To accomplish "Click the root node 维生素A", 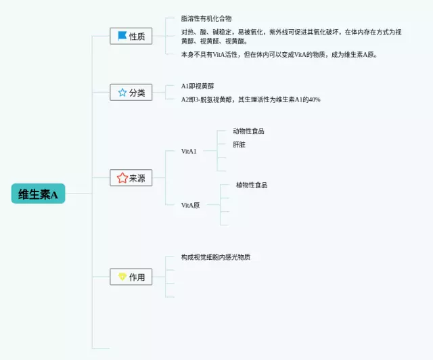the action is click(x=38, y=194).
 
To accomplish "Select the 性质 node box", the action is click(x=131, y=36).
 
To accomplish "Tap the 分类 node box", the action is click(x=131, y=92).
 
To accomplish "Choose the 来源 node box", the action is click(x=131, y=178).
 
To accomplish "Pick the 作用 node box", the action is click(x=131, y=277).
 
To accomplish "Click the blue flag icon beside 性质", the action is click(x=122, y=36).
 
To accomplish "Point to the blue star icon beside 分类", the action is click(x=122, y=92).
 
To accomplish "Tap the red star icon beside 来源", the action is click(x=122, y=178).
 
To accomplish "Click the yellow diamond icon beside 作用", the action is click(x=122, y=277).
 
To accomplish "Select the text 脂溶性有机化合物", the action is click(x=206, y=19).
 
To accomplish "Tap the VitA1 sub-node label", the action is click(x=189, y=151).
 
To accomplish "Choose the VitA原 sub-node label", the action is click(x=190, y=204).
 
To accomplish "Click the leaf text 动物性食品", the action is click(x=248, y=131).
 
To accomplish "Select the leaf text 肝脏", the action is click(x=239, y=144).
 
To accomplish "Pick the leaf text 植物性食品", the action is click(x=251, y=185).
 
